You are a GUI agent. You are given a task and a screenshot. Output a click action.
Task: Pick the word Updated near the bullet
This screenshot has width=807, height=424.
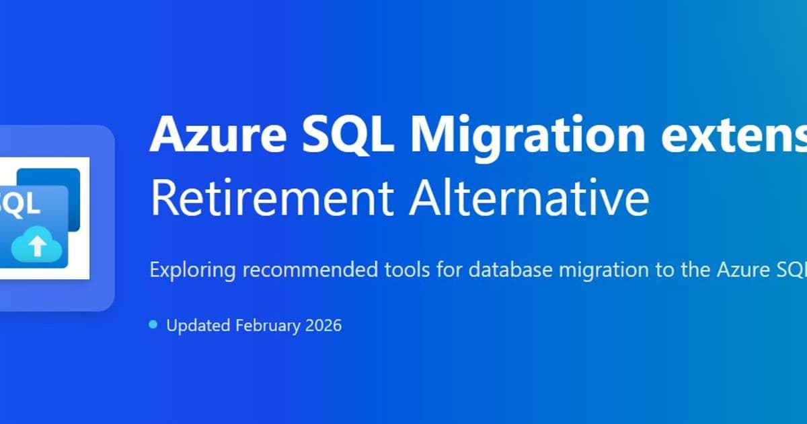pos(198,326)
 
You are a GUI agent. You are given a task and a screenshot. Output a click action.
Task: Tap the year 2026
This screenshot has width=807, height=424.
pos(323,326)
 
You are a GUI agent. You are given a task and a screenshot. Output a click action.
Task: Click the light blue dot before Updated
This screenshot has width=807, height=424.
pos(153,325)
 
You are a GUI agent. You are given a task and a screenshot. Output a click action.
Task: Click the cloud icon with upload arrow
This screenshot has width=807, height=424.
pos(38,246)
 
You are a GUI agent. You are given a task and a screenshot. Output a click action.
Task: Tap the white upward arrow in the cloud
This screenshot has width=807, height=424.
pos(38,247)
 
